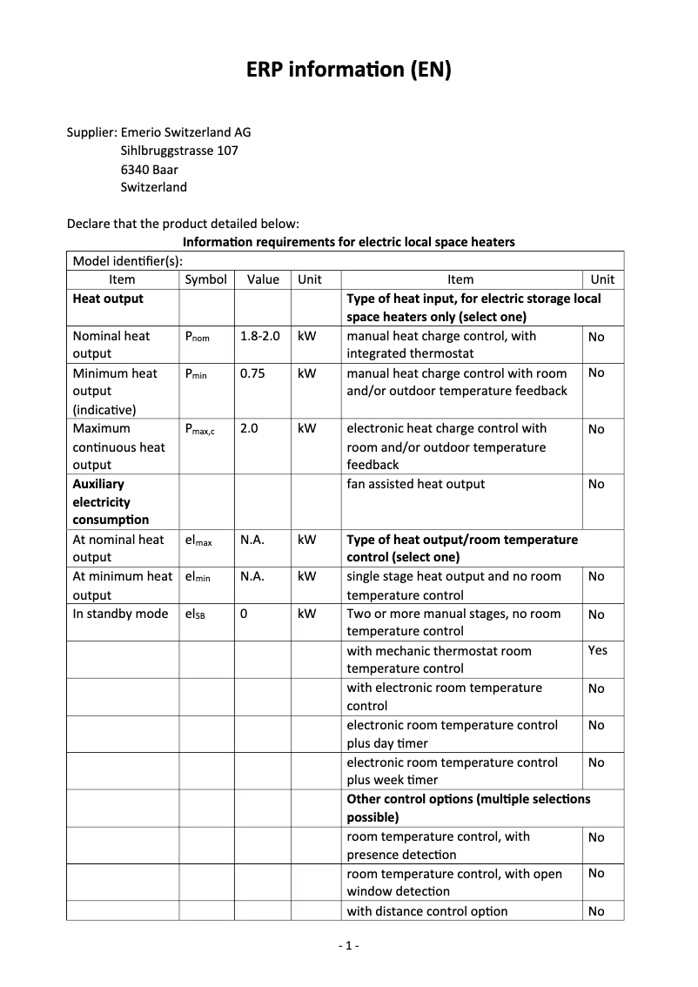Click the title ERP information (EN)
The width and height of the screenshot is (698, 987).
[x=349, y=70]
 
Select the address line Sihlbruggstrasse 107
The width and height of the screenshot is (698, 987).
[x=179, y=151]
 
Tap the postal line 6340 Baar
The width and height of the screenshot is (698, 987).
[x=149, y=169]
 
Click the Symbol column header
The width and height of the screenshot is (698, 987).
[x=206, y=279]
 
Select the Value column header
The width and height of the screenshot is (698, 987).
[x=263, y=279]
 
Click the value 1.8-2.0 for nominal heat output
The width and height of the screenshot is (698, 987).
[x=260, y=336]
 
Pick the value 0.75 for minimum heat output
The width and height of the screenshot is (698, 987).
[x=252, y=373]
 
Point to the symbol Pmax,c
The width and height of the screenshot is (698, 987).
[x=200, y=429]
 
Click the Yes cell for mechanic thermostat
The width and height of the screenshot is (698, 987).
[x=598, y=650]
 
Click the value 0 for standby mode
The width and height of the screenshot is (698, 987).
[x=244, y=614]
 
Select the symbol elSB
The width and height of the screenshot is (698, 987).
[x=195, y=614]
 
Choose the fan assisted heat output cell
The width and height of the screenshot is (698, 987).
[x=416, y=484]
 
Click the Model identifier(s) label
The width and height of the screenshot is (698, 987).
[x=127, y=260]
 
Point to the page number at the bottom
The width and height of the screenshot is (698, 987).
[x=348, y=946]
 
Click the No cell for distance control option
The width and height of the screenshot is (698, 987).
[x=596, y=911]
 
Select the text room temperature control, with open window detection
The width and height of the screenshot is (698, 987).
[x=454, y=882]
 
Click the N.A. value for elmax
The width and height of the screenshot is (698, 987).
[x=252, y=540]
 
